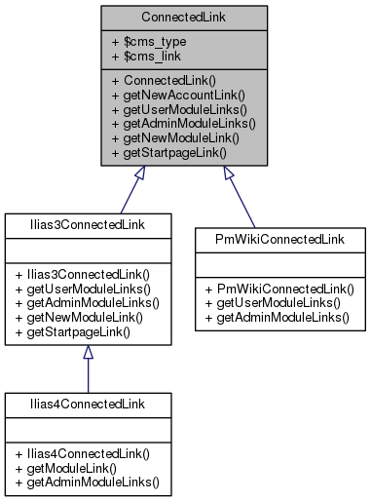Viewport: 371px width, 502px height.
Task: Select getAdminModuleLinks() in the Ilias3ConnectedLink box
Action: coord(88,302)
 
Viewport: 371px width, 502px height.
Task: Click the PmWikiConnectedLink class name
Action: coord(278,239)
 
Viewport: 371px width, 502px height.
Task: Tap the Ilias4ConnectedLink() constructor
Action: coord(77,453)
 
